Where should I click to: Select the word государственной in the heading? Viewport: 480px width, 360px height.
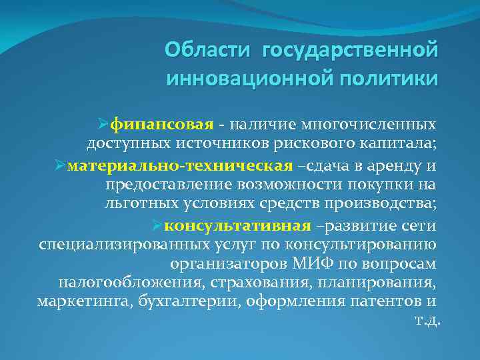click(351, 50)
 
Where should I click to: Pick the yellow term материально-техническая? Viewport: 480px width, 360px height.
click(180, 165)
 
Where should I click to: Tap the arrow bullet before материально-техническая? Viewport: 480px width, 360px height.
click(59, 165)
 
